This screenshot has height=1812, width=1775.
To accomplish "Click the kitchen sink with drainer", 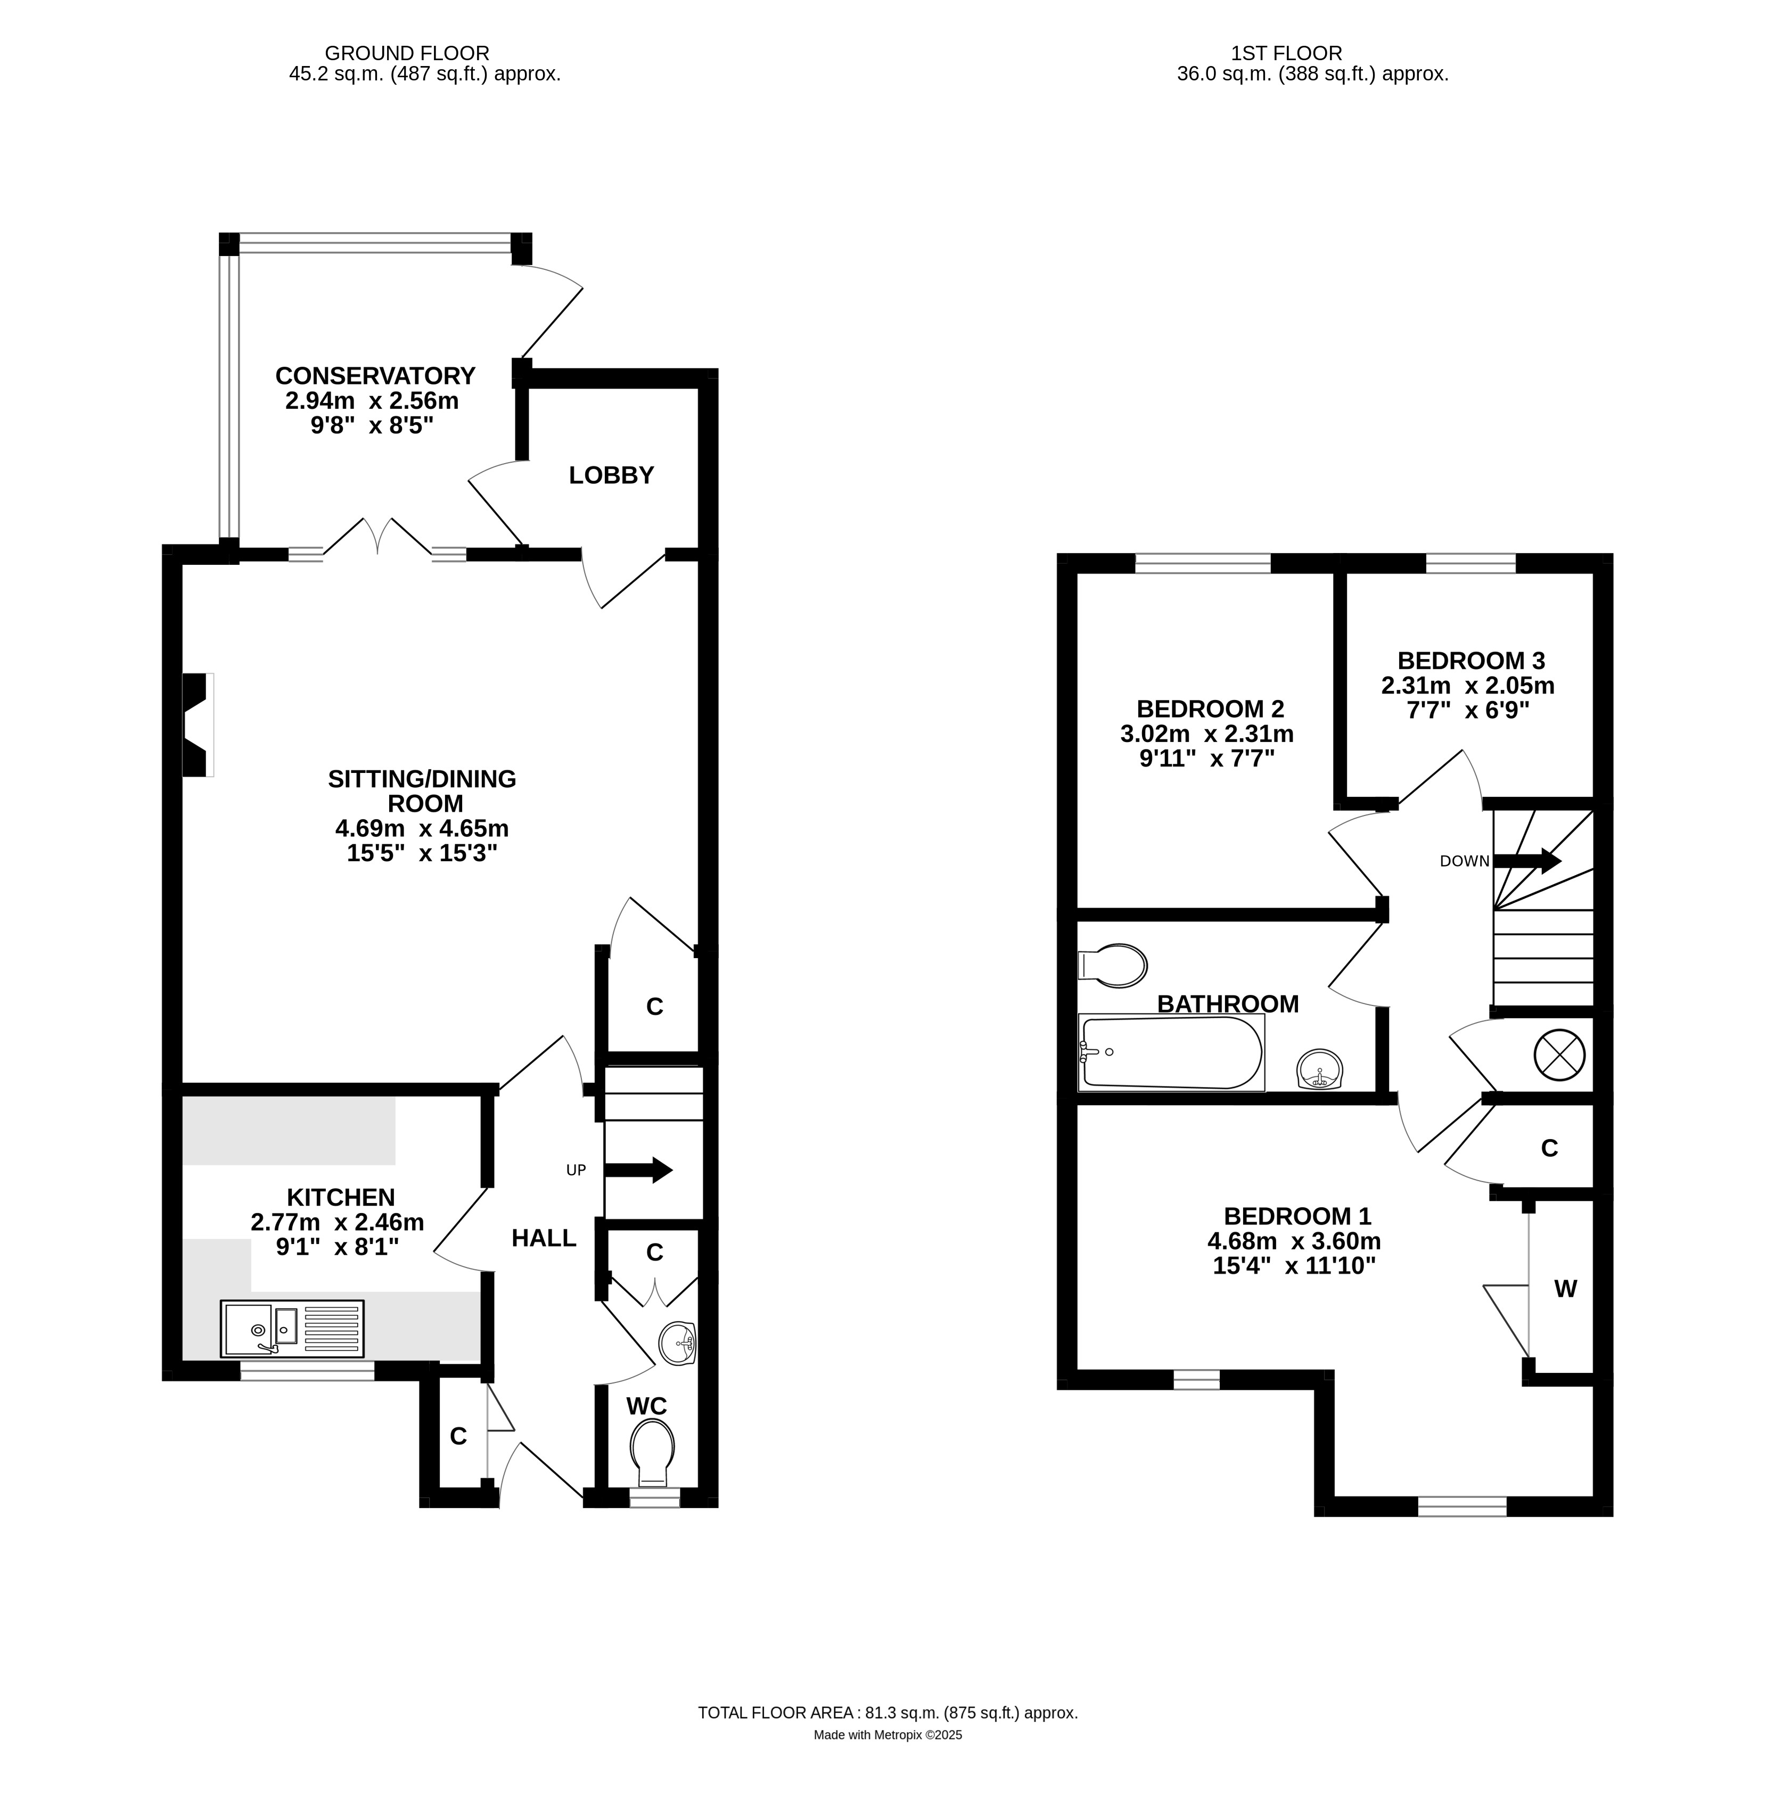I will coord(292,1328).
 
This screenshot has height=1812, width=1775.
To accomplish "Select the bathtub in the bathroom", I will coord(1171,1053).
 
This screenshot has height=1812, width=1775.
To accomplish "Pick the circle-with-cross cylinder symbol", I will coord(1559,1054).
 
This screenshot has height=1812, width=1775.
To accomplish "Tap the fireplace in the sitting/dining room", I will coord(196,724).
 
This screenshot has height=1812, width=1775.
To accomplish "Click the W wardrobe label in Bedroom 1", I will coord(1565,1289).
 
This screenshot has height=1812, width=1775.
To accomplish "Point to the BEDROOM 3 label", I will coord(1471,661).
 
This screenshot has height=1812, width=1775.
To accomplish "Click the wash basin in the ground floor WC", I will coord(678,1343).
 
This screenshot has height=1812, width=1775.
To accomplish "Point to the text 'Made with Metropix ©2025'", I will coord(887,1735).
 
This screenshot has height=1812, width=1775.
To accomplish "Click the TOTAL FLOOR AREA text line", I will coord(887,1712).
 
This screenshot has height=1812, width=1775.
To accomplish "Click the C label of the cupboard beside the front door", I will coord(458,1436).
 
